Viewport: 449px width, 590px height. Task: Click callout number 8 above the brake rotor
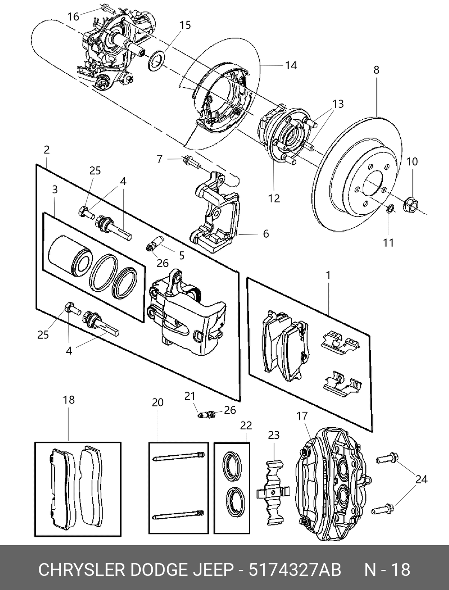[x=376, y=70]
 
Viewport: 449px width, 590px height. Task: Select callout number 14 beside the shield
[x=291, y=65]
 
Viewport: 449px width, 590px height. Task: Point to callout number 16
[x=74, y=17]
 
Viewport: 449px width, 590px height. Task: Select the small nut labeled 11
[x=390, y=209]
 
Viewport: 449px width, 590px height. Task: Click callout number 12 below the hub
[x=274, y=198]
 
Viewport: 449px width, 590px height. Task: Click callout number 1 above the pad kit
[x=328, y=276]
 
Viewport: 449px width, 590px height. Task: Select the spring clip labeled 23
[x=273, y=492]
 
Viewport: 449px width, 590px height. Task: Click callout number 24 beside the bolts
[x=421, y=479]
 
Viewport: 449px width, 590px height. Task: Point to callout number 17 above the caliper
[x=302, y=416]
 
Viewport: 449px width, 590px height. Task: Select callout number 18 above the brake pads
[x=69, y=400]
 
